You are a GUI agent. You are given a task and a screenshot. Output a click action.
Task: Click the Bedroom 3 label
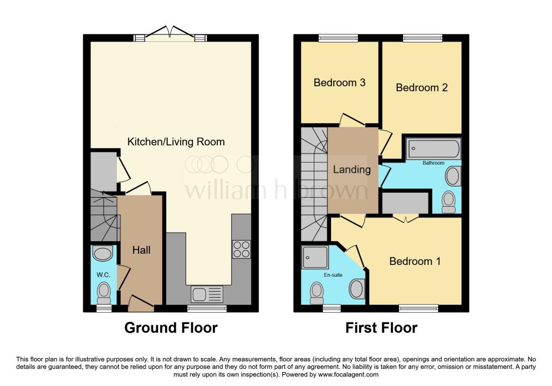click(x=340, y=83)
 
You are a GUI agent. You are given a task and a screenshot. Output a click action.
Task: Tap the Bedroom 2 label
click(x=422, y=87)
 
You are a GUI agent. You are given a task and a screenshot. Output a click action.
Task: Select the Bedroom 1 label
click(x=415, y=261)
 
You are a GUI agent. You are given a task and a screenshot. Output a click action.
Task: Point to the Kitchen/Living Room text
click(x=176, y=142)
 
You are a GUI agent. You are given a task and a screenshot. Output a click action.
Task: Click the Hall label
click(x=141, y=250)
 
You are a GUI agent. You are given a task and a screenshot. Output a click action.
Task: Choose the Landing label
click(x=351, y=169)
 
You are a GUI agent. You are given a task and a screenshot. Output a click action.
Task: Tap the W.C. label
click(x=103, y=275)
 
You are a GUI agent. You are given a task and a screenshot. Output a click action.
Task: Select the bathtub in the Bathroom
click(x=433, y=148)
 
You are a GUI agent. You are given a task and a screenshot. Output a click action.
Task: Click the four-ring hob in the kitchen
click(x=241, y=249)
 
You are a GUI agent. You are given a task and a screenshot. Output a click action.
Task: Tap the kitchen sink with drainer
click(x=206, y=294)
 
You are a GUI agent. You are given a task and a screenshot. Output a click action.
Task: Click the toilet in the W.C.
click(x=103, y=293)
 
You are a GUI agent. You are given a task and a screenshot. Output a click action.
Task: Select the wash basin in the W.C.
click(x=102, y=253)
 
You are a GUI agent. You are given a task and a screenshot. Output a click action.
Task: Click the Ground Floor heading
click(x=171, y=327)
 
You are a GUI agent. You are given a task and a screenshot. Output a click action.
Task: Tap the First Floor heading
click(x=381, y=327)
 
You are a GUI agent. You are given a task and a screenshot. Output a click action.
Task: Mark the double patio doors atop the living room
click(x=170, y=33)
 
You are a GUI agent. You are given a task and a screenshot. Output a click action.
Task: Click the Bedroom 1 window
click(x=418, y=308)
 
